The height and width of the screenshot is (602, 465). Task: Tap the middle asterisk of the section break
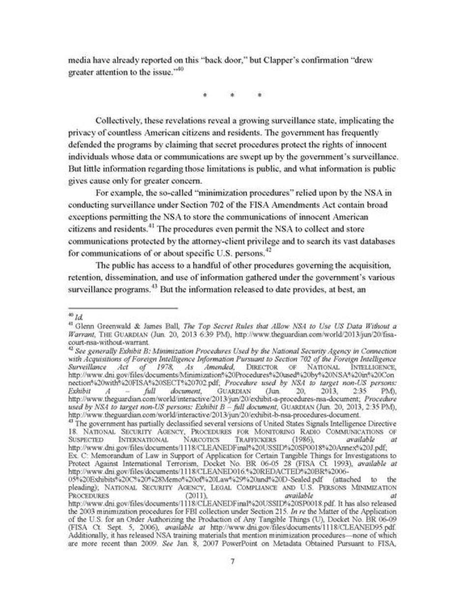coord(232,95)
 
